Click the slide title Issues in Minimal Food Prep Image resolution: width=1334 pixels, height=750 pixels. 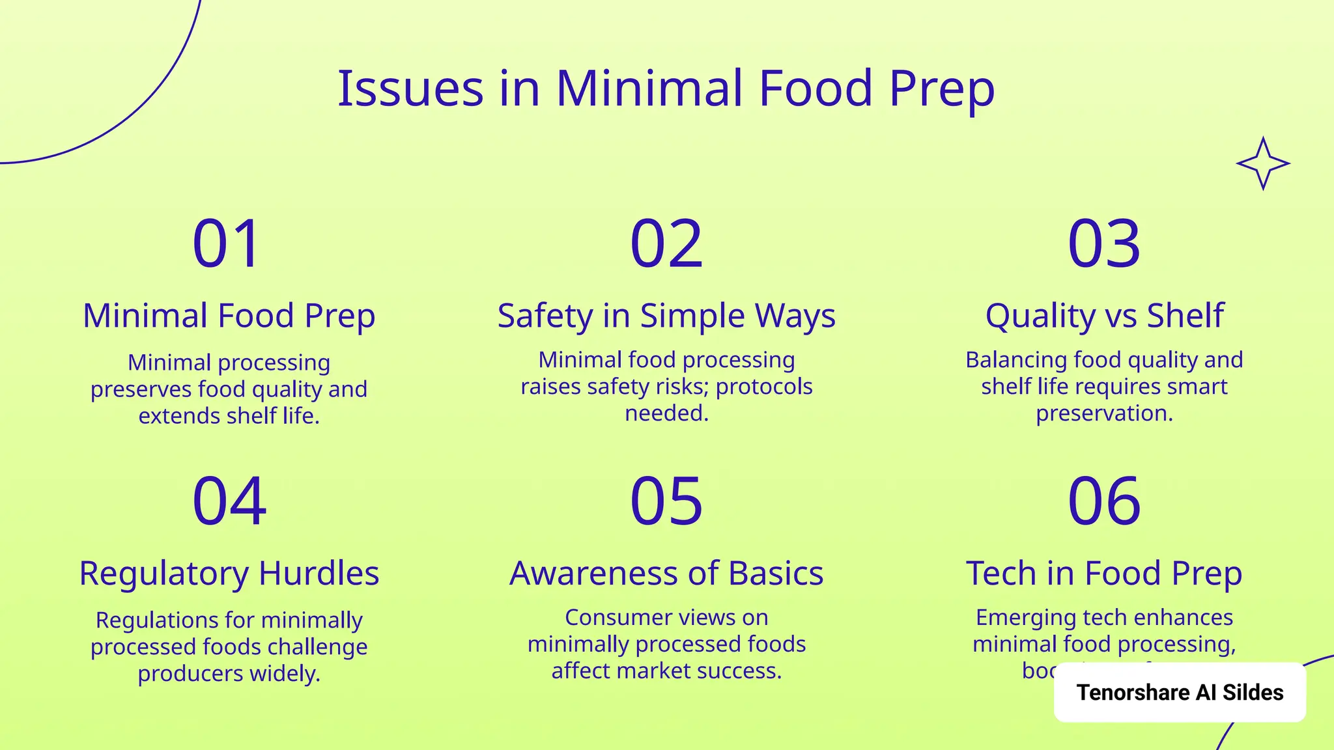coord(666,89)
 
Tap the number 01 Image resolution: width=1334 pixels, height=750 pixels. coord(227,244)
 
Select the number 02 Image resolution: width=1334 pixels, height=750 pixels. coord(666,244)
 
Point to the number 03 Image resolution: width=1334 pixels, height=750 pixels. coord(1104,244)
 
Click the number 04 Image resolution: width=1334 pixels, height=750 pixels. coord(229,501)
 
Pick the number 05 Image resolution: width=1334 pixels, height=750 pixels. coord(666,501)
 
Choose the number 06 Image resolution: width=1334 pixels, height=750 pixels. coord(1104,501)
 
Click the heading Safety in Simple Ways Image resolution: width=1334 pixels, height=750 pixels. coord(666,316)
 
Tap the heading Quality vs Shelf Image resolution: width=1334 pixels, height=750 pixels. coord(1104,316)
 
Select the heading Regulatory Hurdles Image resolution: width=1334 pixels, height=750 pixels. coord(229,574)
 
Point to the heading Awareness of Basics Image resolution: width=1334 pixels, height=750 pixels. coord(666,574)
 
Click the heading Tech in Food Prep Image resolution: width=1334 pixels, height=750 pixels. coord(1104,574)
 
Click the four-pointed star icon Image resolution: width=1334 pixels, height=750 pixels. coord(1263,163)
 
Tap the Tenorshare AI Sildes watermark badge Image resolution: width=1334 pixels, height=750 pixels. coord(1180,692)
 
